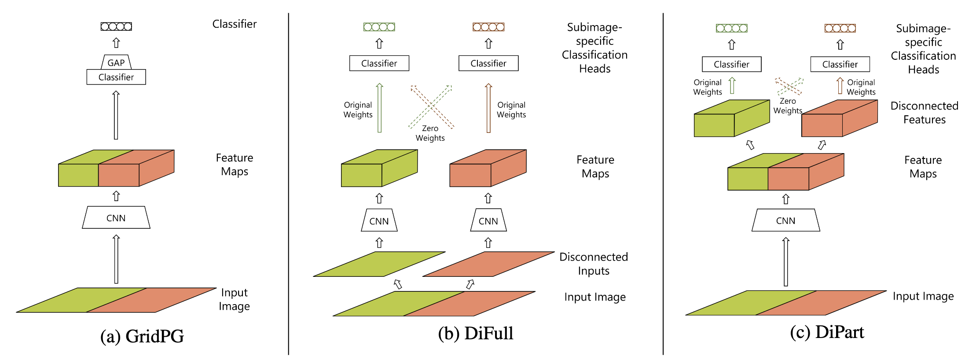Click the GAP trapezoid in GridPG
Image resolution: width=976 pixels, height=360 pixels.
tap(116, 62)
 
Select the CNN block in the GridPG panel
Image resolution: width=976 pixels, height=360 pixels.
tap(116, 218)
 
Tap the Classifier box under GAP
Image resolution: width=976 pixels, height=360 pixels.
tap(116, 77)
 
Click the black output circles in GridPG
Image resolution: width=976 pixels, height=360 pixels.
tap(116, 26)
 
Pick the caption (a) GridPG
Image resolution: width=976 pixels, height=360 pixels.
tap(142, 336)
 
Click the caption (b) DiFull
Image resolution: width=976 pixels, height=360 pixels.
tap(475, 333)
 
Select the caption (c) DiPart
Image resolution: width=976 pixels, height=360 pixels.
tap(827, 332)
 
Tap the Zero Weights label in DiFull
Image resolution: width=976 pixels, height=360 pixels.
tap(430, 133)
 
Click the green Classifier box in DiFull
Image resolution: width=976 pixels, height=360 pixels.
tap(379, 63)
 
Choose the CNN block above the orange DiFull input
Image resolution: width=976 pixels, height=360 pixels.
tap(488, 220)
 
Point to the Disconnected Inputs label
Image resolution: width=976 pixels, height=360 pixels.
tap(593, 264)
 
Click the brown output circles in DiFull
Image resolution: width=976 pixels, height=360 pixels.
tap(488, 27)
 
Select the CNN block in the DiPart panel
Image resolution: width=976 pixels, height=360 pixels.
tap(785, 220)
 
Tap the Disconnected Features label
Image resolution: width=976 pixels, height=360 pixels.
tap(924, 113)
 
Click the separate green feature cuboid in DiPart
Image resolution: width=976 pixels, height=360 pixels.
tap(730, 119)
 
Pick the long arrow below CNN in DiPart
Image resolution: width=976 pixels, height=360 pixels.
tap(785, 262)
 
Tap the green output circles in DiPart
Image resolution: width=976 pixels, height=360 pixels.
tap(731, 28)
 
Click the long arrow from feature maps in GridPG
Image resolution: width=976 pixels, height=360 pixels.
tap(116, 115)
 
